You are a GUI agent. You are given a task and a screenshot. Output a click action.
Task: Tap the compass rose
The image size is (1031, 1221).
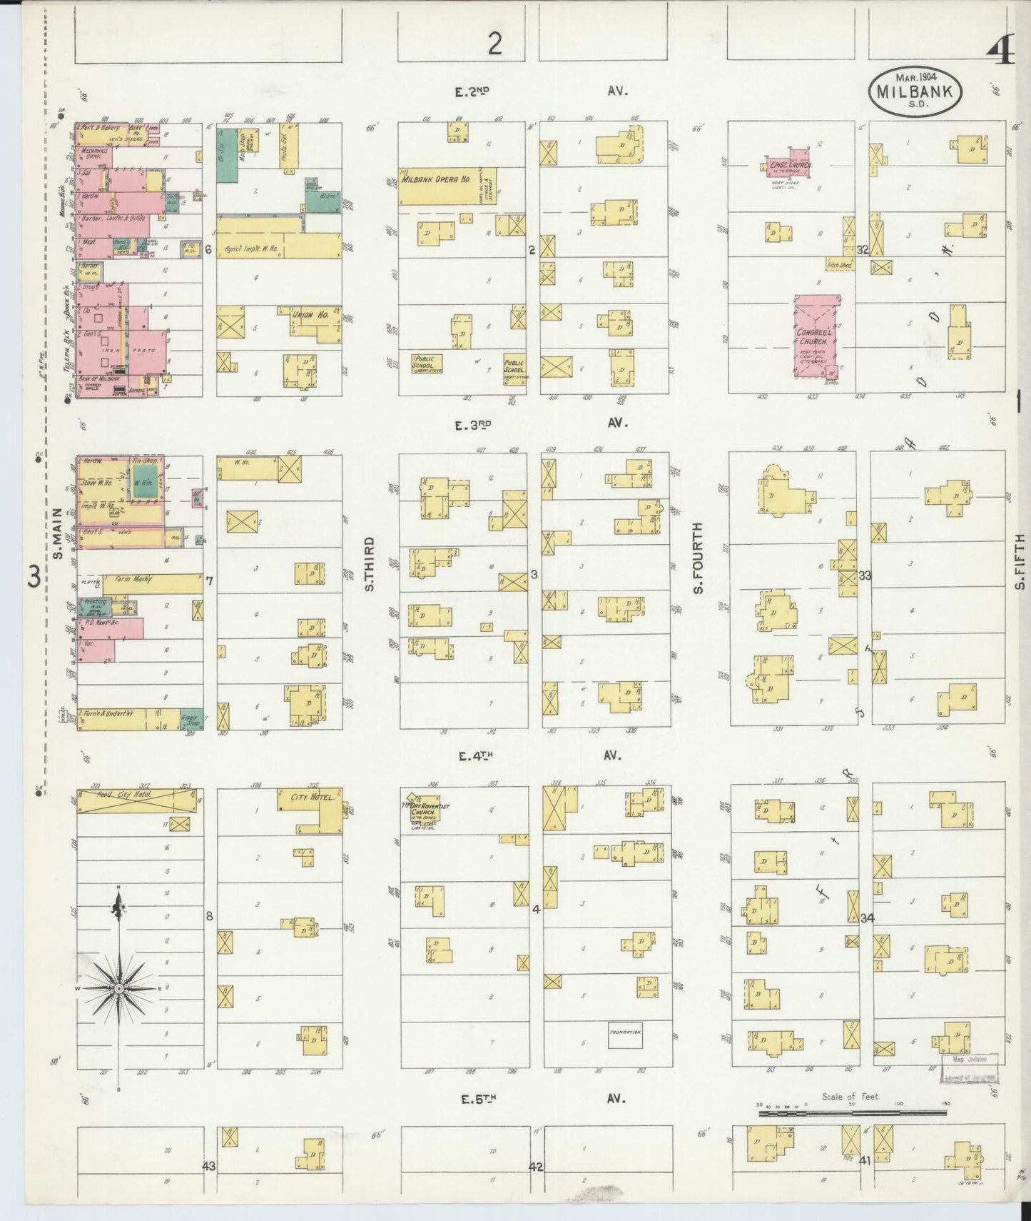pyautogui.click(x=118, y=988)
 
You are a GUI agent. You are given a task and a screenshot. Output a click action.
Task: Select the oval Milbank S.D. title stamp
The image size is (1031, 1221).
pyautogui.click(x=915, y=89)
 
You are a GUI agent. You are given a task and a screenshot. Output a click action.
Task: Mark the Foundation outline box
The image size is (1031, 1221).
pyautogui.click(x=625, y=1032)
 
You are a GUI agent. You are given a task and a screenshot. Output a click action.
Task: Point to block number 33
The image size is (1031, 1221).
pyautogui.click(x=864, y=576)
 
